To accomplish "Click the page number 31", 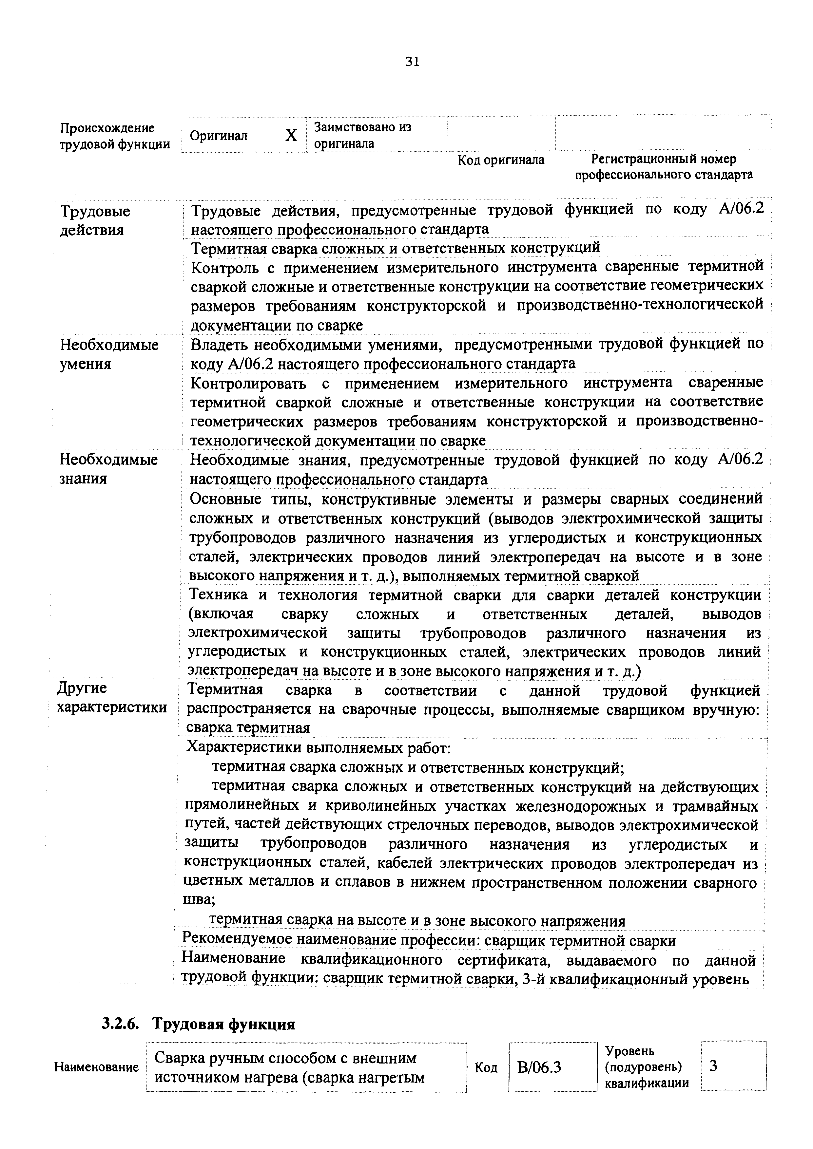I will pyautogui.click(x=412, y=62).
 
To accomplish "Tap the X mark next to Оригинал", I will pyautogui.click(x=291, y=136).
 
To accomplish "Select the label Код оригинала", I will pyautogui.click(x=501, y=160).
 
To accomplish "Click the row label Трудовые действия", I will pyautogui.click(x=95, y=221).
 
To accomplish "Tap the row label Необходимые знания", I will pyautogui.click(x=109, y=469).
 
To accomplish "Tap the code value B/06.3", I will pyautogui.click(x=539, y=1067).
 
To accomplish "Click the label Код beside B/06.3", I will pyautogui.click(x=486, y=1068).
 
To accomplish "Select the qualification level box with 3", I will pyautogui.click(x=733, y=1066).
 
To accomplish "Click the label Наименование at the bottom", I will pyautogui.click(x=96, y=1068).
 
